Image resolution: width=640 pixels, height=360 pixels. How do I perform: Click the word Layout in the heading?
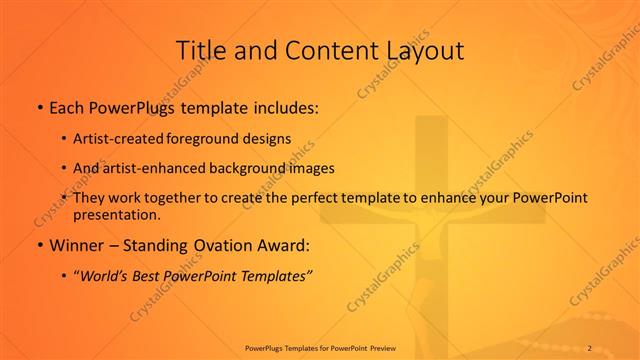coord(425,50)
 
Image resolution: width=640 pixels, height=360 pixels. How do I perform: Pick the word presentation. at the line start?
coord(116,214)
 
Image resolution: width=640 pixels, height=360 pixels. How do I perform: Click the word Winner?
coord(76,245)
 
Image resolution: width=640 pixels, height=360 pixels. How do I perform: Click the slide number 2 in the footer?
coord(590,347)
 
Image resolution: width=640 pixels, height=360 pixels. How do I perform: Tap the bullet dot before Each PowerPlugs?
coord(39,107)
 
